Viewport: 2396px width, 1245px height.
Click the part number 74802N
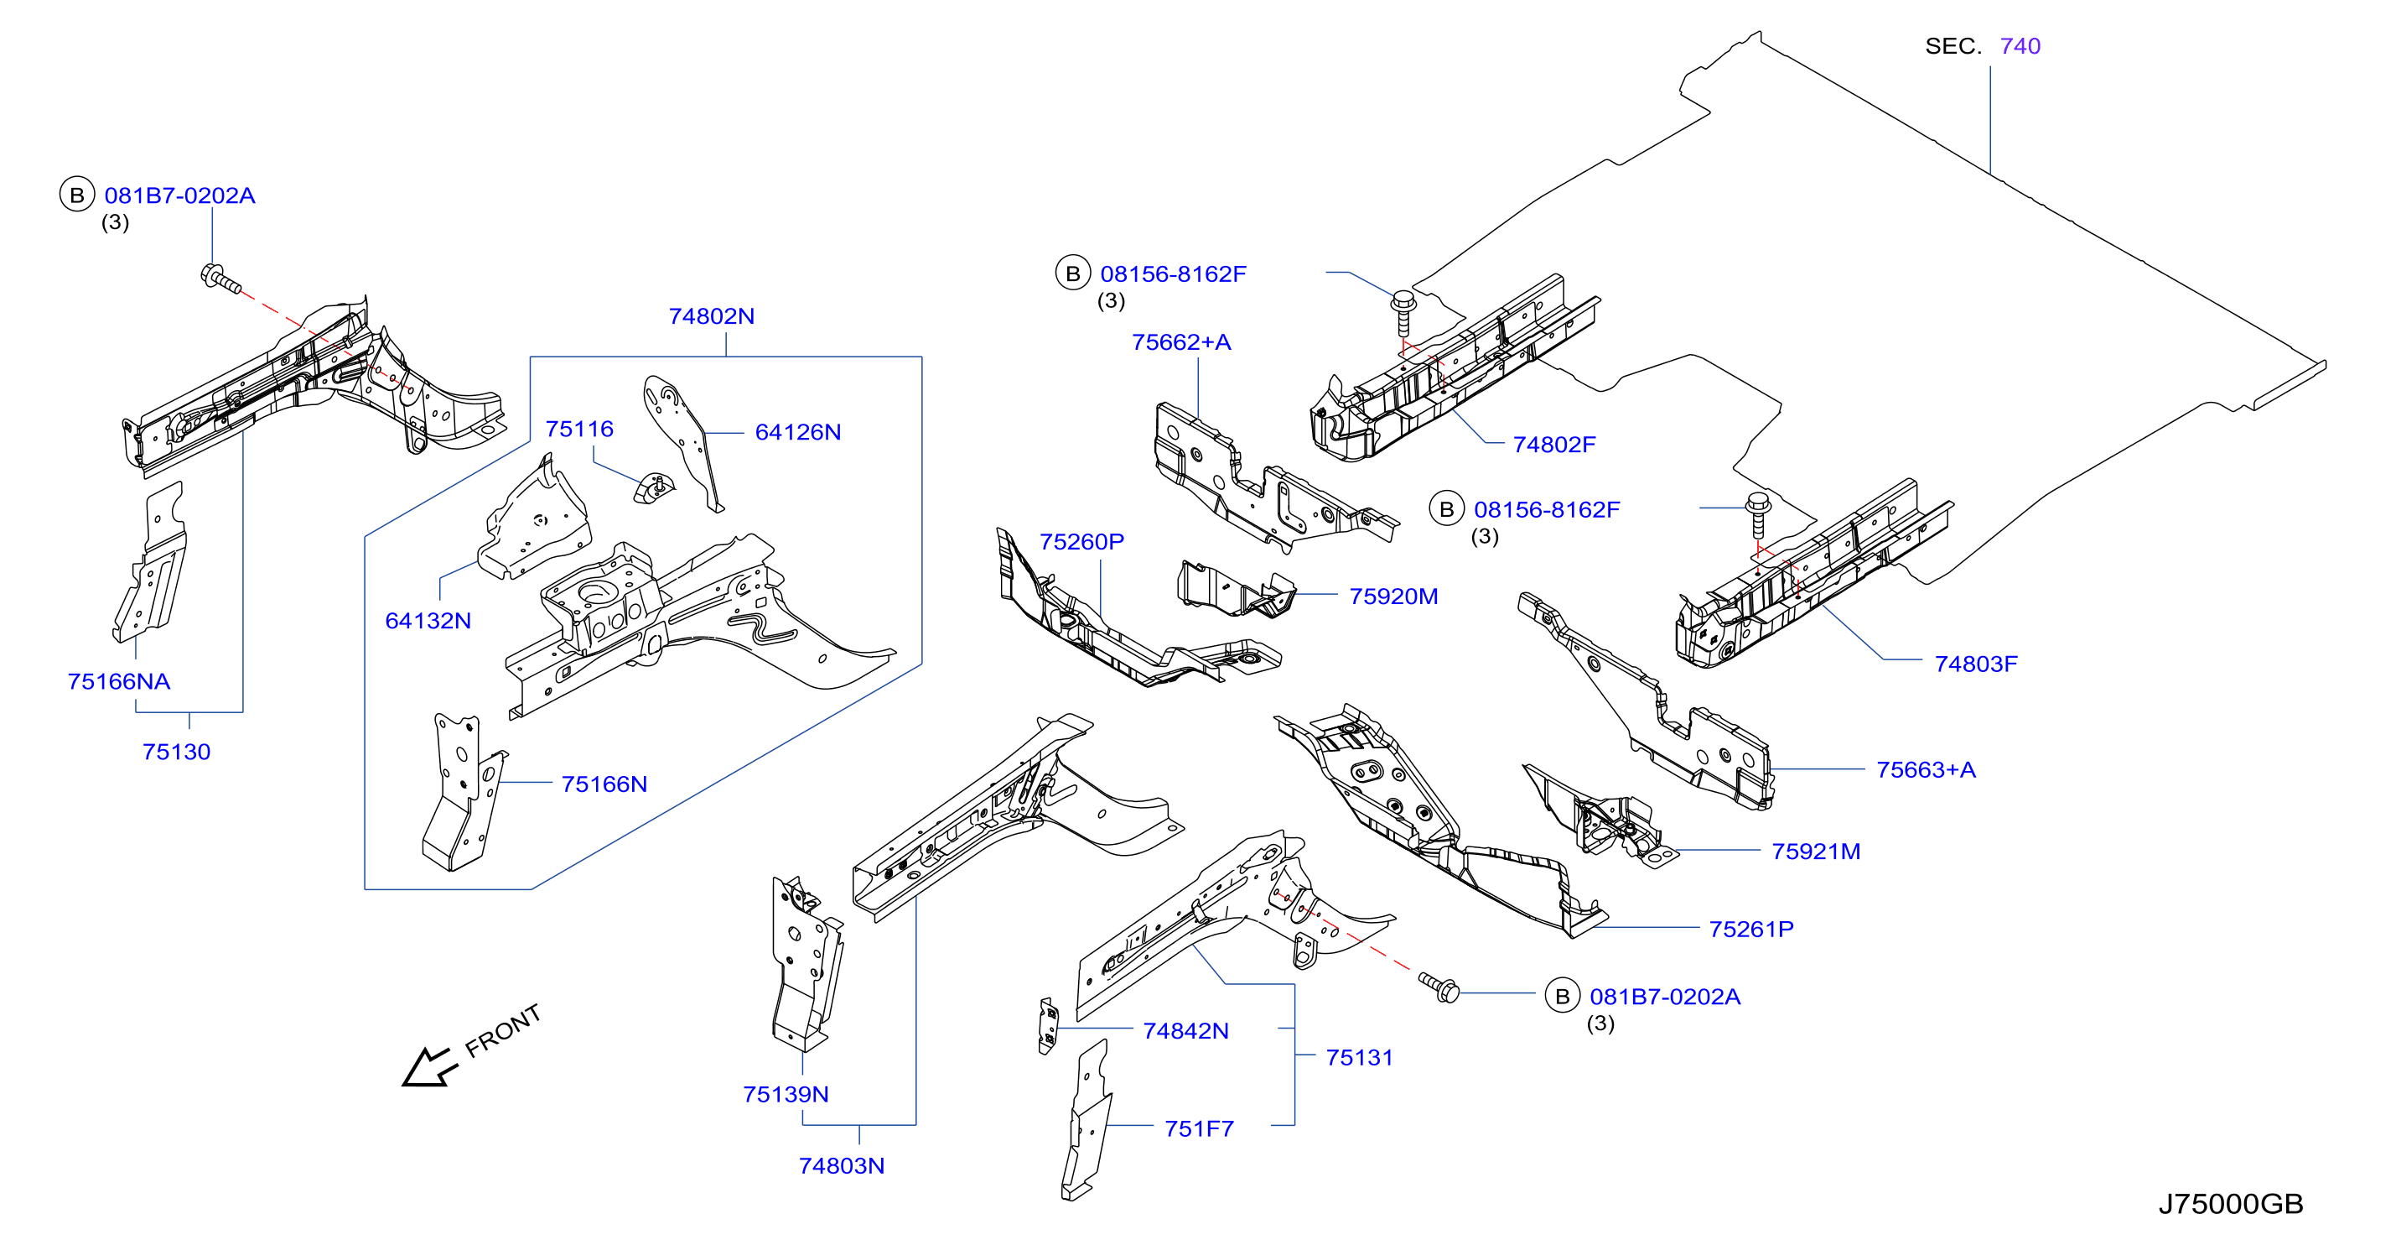[712, 316]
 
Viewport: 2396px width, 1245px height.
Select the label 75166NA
[119, 681]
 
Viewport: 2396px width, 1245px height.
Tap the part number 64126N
[798, 432]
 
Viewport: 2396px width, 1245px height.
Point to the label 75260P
[1081, 542]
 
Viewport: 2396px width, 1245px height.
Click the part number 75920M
[1393, 596]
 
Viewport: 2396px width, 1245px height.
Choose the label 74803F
[1977, 664]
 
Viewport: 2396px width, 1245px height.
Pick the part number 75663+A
[1927, 769]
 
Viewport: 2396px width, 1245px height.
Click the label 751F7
[1199, 1128]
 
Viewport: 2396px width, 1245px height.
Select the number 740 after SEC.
[2020, 45]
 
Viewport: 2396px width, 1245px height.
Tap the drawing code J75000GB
[2231, 1204]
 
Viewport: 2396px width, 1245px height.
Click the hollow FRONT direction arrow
[428, 1066]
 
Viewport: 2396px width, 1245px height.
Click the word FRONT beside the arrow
[503, 1031]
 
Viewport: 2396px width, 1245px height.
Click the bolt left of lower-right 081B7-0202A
[1438, 987]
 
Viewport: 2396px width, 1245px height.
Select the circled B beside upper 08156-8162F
[1072, 273]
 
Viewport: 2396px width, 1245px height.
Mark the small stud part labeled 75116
[654, 488]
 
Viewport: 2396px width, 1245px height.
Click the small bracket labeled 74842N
[1048, 1026]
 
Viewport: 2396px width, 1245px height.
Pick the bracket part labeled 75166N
[462, 792]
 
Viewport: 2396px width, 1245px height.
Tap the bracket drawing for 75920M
[1235, 589]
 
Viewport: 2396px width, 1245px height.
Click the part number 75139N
[786, 1094]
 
